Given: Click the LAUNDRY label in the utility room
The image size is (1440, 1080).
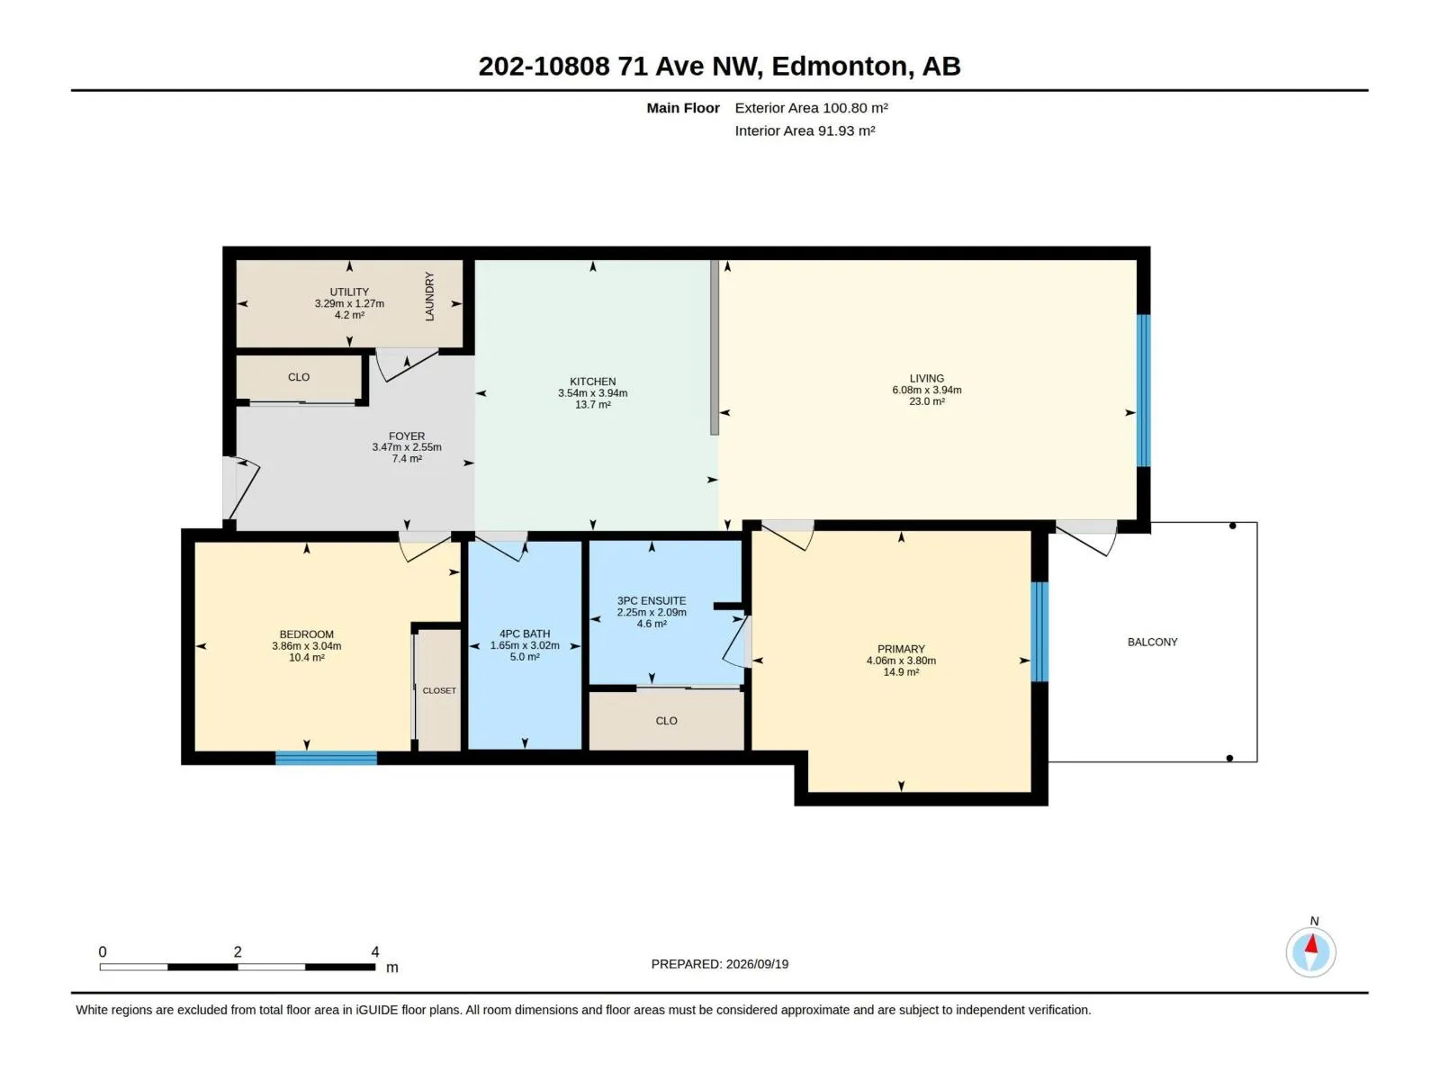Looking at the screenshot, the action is (x=429, y=296).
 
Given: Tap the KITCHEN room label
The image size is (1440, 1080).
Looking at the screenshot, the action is (x=592, y=381).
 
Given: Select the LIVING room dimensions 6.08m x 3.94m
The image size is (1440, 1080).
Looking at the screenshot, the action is (x=926, y=390).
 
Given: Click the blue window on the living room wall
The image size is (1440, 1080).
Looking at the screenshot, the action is (x=1143, y=391).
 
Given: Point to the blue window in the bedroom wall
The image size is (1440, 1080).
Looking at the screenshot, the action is (x=326, y=758).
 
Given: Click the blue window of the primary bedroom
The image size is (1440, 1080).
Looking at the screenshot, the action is (x=1039, y=632).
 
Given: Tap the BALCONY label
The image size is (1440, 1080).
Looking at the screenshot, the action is (x=1152, y=642).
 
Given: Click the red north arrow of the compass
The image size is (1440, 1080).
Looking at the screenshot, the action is (x=1311, y=944).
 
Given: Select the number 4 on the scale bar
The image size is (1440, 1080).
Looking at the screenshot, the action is (x=374, y=951).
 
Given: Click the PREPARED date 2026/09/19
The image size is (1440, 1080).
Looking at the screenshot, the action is (x=757, y=964).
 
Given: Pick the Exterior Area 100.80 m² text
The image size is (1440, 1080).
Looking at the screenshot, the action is (x=811, y=107).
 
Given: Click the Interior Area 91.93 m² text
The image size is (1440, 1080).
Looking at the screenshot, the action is (x=805, y=130).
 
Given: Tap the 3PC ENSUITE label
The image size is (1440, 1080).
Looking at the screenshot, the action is (x=652, y=600).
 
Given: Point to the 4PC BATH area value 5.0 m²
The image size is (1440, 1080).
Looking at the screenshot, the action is (x=525, y=656).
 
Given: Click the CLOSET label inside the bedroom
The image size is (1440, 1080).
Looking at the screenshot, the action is (x=439, y=690).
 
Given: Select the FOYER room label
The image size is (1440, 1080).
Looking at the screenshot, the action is (x=407, y=436).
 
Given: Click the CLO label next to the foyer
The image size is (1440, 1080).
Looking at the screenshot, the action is (x=299, y=377).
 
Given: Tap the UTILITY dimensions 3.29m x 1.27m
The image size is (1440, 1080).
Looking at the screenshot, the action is (x=349, y=303).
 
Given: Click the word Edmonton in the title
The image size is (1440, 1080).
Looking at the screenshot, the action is (x=840, y=67).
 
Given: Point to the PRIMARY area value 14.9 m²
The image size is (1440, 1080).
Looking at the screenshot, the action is (x=901, y=672).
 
